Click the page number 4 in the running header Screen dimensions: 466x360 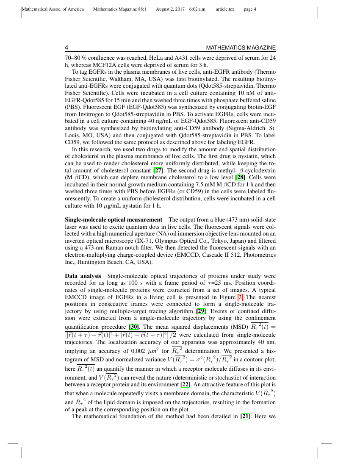(x=66, y=48)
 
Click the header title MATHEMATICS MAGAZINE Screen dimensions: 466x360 (x=241, y=48)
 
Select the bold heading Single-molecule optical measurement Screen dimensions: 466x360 (x=113, y=219)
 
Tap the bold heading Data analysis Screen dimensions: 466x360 (x=83, y=276)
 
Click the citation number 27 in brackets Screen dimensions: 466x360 (x=158, y=170)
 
